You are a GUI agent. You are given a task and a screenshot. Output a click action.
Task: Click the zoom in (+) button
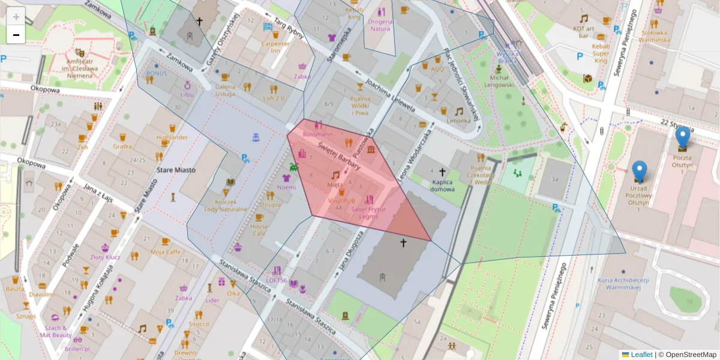tap(16, 17)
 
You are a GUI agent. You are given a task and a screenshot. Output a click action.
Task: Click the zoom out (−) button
tap(16, 35)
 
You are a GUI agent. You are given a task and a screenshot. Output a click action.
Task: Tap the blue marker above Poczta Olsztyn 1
tap(682, 137)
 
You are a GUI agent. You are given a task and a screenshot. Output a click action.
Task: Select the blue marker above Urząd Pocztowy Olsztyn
tap(640, 172)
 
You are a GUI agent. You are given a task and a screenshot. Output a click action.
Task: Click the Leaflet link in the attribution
tap(641, 355)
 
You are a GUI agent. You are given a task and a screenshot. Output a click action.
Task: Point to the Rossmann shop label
tap(318, 134)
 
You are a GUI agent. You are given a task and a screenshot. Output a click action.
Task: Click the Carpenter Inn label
tap(275, 47)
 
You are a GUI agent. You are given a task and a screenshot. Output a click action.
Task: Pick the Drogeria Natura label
tap(380, 25)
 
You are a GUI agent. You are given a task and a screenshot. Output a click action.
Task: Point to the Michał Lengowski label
tap(499, 81)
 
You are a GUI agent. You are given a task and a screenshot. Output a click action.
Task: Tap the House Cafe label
tap(259, 230)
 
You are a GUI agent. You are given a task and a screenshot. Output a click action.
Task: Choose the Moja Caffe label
tap(166, 252)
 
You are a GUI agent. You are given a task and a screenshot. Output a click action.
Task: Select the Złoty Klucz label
tap(105, 257)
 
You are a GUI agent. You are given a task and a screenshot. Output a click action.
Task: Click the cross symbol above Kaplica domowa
tap(442, 172)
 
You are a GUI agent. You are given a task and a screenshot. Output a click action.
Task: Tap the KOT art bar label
tap(583, 32)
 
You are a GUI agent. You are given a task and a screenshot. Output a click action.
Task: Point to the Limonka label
tap(458, 121)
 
